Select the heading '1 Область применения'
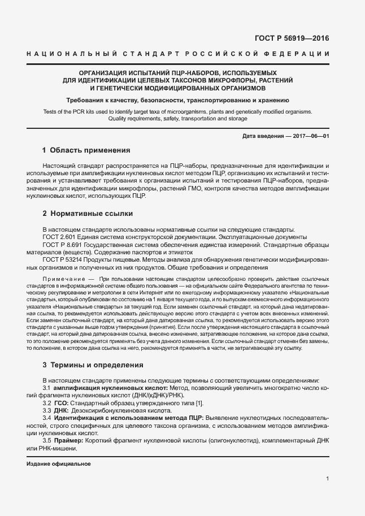click(x=86, y=150)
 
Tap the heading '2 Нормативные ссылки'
click(x=88, y=214)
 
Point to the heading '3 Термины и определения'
click(x=93, y=365)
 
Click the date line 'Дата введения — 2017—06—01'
click(x=285, y=136)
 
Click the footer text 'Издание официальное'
click(x=59, y=463)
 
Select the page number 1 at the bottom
click(x=328, y=479)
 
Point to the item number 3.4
click(x=47, y=418)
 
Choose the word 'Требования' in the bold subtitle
click(x=85, y=100)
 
